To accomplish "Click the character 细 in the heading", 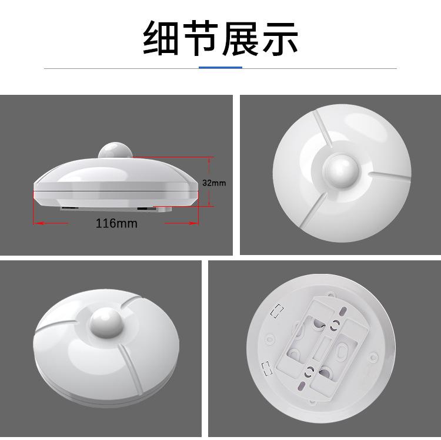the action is [161, 38].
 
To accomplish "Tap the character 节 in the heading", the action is [201, 38].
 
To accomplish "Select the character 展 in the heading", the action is [240, 38].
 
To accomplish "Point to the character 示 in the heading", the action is [280, 38].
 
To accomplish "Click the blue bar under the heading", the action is [220, 68].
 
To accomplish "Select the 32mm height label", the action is [214, 183].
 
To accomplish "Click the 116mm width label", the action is [116, 223].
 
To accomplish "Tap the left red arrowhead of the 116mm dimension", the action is [38, 223].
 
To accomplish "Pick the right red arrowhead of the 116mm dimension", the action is [194, 223].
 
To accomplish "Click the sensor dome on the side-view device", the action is [115, 150].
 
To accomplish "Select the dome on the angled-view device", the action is [105, 322].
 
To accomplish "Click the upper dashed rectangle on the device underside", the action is [277, 310].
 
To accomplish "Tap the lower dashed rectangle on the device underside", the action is [267, 369].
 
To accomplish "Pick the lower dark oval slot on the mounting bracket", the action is [302, 385].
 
